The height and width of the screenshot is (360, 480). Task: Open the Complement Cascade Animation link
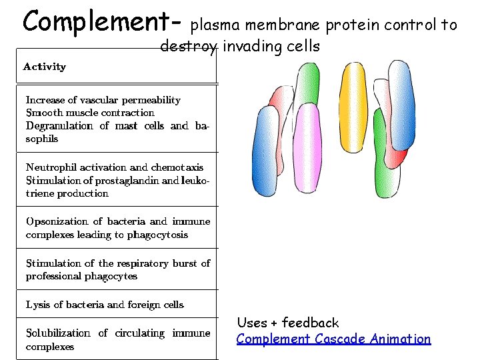pyautogui.click(x=333, y=339)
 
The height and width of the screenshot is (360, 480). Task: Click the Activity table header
pyautogui.click(x=45, y=67)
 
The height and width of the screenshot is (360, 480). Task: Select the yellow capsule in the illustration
pyautogui.click(x=353, y=113)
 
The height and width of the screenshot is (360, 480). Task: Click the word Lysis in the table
pyautogui.click(x=38, y=305)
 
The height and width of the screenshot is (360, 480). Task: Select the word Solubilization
pyautogui.click(x=57, y=333)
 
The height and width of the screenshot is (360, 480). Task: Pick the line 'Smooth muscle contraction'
pyautogui.click(x=90, y=113)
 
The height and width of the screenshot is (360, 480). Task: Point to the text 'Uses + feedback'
pyautogui.click(x=287, y=323)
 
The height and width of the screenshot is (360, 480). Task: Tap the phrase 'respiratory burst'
pyautogui.click(x=157, y=263)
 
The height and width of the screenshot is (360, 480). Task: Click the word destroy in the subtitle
pyautogui.click(x=188, y=47)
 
